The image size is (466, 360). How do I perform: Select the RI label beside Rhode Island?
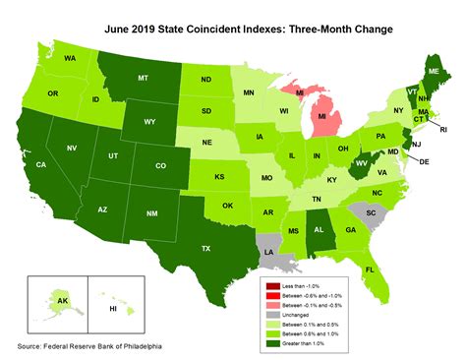(442, 129)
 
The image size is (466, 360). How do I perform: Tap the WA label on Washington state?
(70, 58)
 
